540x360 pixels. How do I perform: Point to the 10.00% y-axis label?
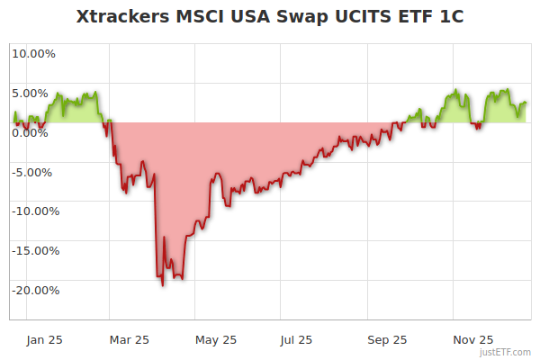click(x=33, y=53)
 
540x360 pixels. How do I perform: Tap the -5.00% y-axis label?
click(x=34, y=172)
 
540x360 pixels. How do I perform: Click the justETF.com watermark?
click(x=505, y=352)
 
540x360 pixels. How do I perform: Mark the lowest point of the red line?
click(x=162, y=285)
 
